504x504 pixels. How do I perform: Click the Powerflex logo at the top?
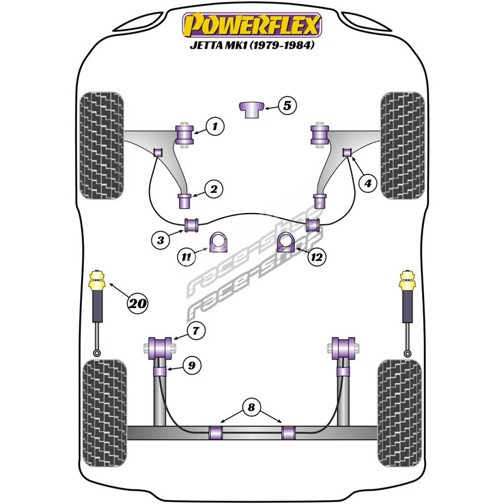pos(252,25)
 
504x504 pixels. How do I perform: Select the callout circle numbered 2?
pos(214,188)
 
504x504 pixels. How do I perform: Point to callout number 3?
pos(161,239)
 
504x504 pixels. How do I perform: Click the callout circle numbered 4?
pos(367,183)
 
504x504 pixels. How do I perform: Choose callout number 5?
pos(287,106)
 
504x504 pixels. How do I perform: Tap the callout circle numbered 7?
pos(196,329)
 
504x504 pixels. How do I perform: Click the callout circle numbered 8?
pos(251,408)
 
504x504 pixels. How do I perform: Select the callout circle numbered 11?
pos(186,256)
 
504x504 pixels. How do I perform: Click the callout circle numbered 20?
pos(137,304)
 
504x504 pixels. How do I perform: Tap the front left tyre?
pos(102,145)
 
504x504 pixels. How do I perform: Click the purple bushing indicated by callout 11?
pos(219,243)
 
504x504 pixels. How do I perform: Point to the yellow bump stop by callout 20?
pos(98,281)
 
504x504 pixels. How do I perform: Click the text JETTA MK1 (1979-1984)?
pos(252,46)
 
